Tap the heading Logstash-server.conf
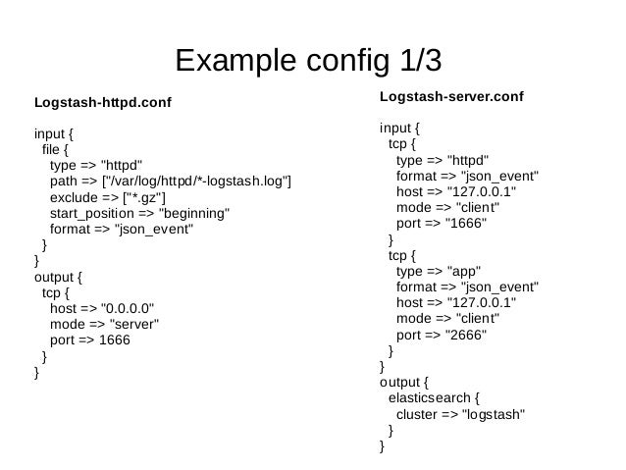pyautogui.click(x=451, y=97)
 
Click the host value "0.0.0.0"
pyautogui.click(x=130, y=308)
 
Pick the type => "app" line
pyautogui.click(x=437, y=271)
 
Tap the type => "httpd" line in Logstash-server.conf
pyautogui.click(x=443, y=160)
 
